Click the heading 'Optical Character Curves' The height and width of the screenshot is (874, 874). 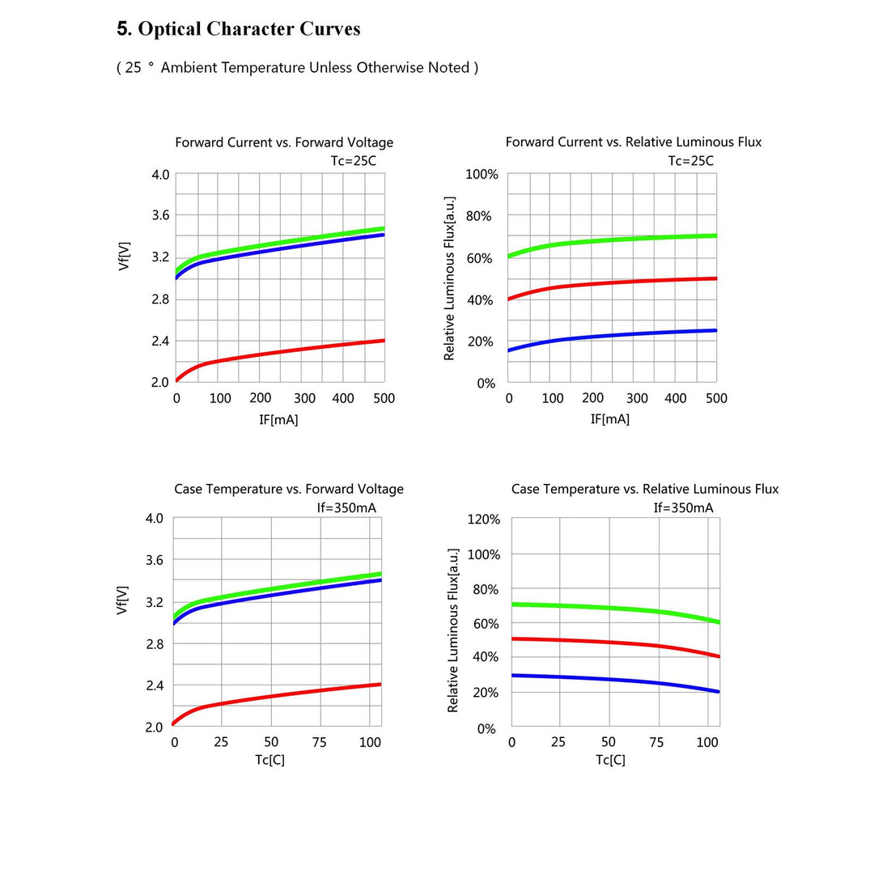pos(239,29)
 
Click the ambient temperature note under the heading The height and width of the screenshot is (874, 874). pos(297,68)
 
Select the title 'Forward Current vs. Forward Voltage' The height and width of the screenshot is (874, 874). pos(284,142)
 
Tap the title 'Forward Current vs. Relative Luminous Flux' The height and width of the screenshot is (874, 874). pos(634,142)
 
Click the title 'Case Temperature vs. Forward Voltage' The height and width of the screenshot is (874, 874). pos(289,490)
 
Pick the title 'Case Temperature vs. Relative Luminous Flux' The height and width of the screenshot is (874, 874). pos(645,490)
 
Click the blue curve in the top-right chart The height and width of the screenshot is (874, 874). pos(615,333)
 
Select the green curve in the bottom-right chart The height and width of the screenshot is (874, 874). pos(607,607)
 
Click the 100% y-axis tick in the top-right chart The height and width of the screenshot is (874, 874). pos(482,175)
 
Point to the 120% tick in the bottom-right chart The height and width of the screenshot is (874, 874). pos(483,519)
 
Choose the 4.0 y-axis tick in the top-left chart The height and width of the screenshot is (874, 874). pos(161,175)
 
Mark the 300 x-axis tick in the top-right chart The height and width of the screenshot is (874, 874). pos(637,398)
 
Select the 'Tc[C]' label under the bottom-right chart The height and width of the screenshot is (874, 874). pos(611,760)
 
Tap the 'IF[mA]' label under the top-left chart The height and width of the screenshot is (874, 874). pos(280,419)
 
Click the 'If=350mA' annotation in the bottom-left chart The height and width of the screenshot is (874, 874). pos(346,508)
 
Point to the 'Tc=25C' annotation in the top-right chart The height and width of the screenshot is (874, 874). pos(691,161)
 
